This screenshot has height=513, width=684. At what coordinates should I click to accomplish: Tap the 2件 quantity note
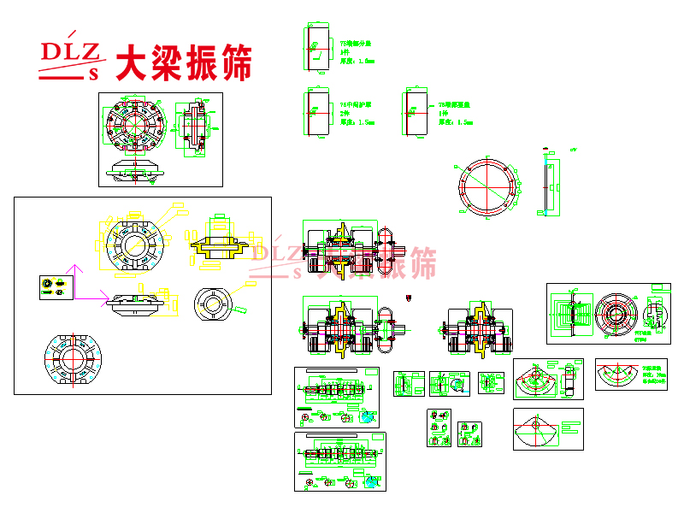[345, 113]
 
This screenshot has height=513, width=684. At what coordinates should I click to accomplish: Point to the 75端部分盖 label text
[358, 43]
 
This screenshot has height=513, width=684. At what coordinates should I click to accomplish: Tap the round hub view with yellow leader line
[210, 302]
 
